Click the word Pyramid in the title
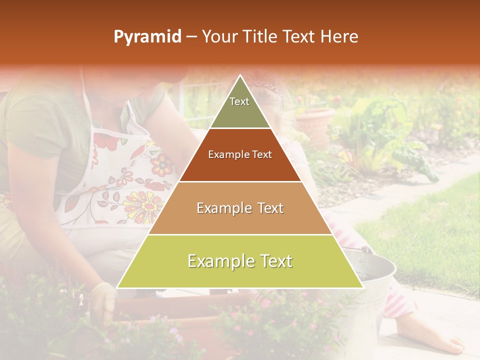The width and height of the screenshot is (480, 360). click(147, 37)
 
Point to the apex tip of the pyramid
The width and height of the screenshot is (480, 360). click(240, 76)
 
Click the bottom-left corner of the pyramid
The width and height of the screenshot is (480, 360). click(118, 287)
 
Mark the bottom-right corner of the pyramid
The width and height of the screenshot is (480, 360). click(362, 287)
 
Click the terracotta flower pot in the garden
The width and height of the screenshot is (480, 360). click(315, 122)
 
